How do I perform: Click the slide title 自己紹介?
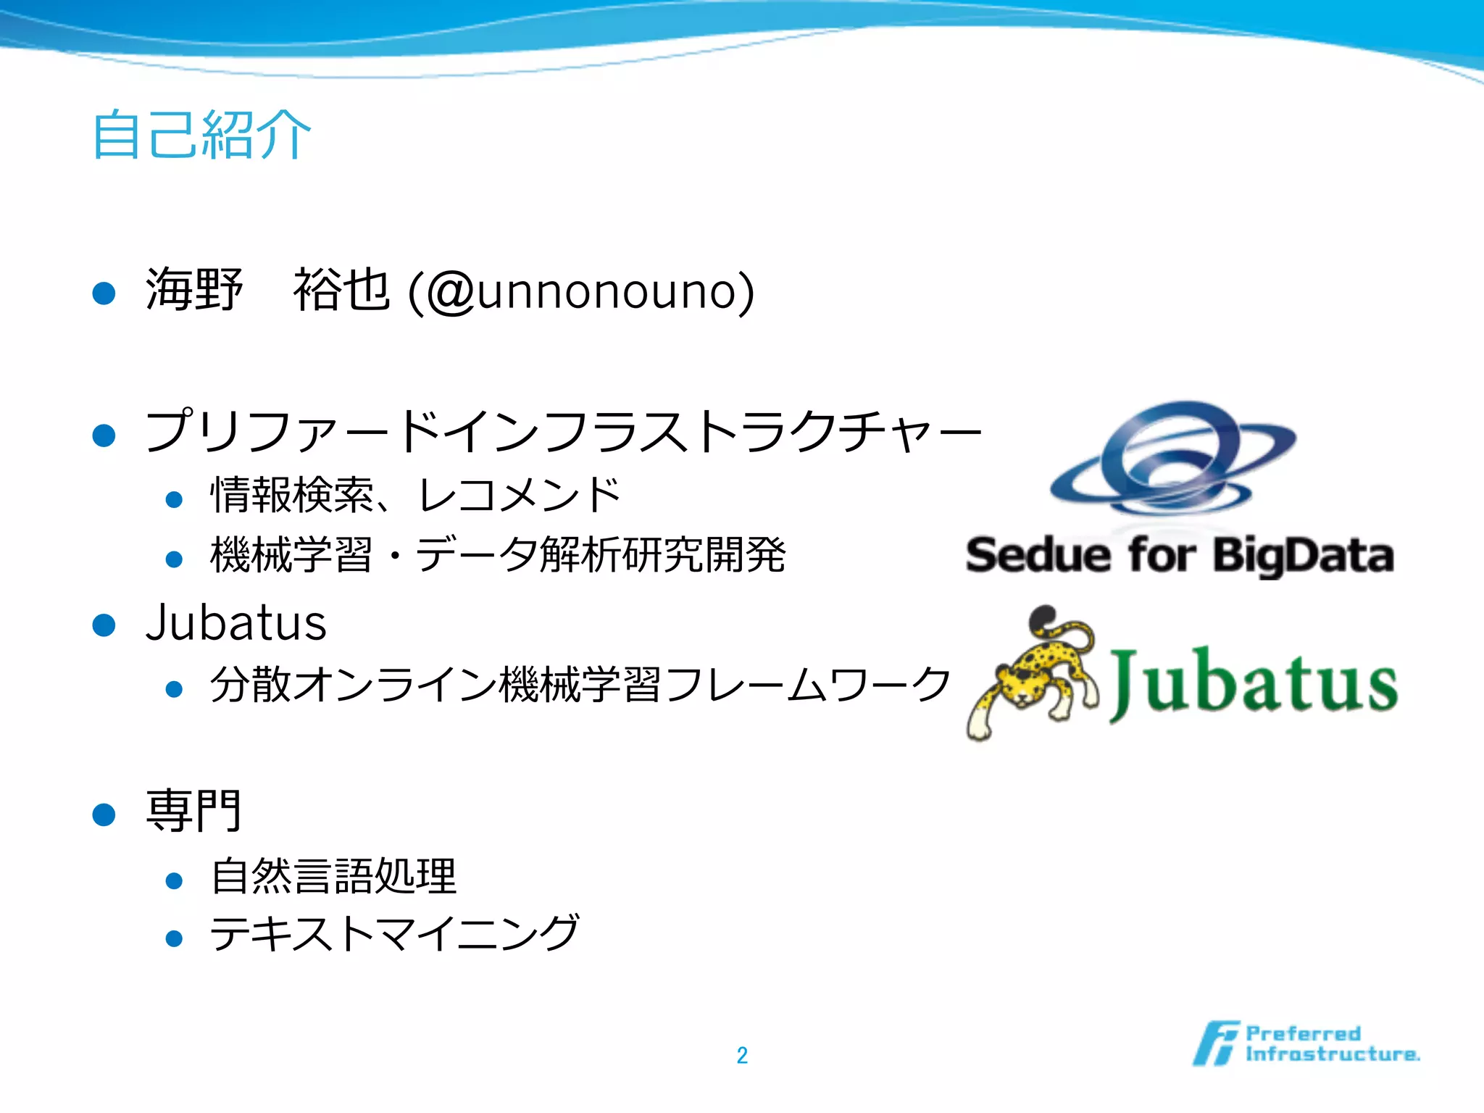[201, 135]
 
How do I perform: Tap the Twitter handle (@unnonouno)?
[581, 291]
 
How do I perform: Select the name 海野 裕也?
[268, 290]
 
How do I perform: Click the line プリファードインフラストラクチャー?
[563, 432]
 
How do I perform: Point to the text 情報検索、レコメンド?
[415, 496]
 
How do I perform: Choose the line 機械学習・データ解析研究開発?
[498, 556]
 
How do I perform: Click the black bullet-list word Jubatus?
[236, 623]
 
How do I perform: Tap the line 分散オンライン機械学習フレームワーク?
[580, 685]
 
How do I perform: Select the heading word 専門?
[193, 811]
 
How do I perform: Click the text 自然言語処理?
[333, 877]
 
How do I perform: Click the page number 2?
[742, 1055]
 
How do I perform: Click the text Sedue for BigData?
[1180, 556]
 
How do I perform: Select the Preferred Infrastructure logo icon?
[1215, 1043]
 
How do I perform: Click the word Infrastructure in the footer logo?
[1332, 1054]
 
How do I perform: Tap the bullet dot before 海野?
[104, 293]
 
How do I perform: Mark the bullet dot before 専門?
[104, 814]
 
